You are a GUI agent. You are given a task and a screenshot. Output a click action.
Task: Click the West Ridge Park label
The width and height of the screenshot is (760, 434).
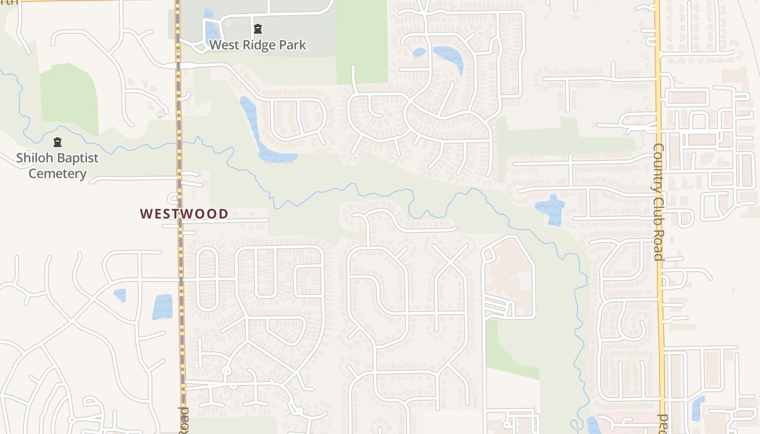click(x=257, y=45)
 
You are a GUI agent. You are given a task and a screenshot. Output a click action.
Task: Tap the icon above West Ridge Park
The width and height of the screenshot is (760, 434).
click(x=257, y=28)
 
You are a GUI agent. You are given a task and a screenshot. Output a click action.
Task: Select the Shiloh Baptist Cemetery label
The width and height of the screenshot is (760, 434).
click(x=57, y=165)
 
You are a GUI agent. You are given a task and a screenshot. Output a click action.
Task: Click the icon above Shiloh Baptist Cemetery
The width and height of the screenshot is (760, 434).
click(x=58, y=143)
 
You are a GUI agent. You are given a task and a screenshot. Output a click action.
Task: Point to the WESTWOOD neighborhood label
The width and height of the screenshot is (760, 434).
click(x=184, y=214)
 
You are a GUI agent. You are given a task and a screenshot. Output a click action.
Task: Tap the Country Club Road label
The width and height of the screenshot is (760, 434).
click(x=658, y=202)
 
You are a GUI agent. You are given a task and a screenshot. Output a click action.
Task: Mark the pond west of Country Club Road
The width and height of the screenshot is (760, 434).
click(x=551, y=209)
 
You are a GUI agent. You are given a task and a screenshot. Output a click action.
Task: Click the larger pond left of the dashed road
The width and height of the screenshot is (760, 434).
click(x=162, y=307)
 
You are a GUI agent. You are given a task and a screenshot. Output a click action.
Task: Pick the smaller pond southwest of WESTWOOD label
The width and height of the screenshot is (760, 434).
click(x=120, y=295)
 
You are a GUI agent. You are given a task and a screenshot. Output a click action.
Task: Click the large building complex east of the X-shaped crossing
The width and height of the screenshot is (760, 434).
click(x=508, y=277)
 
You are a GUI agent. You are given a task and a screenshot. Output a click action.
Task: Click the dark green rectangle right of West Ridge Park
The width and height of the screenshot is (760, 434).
click(x=362, y=41)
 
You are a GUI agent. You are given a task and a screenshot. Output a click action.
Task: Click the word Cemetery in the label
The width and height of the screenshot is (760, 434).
click(x=57, y=174)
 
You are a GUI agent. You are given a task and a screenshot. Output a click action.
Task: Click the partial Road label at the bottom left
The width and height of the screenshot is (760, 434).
click(x=183, y=420)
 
